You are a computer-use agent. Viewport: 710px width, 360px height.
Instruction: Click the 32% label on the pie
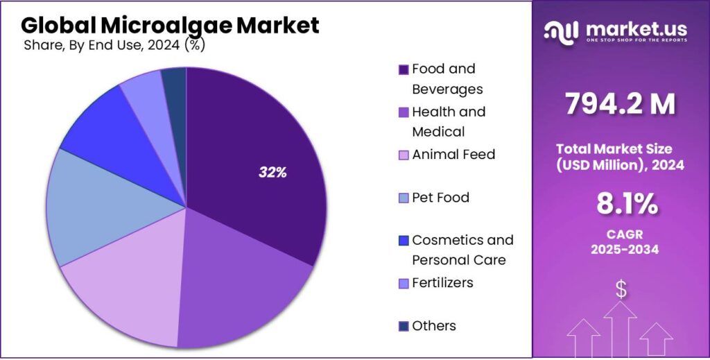tap(272, 173)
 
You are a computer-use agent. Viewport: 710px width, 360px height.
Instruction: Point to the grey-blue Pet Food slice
tap(97, 208)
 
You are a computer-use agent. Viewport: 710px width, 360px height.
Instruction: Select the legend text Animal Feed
tap(453, 154)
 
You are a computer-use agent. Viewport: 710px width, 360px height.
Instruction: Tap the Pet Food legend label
tap(440, 198)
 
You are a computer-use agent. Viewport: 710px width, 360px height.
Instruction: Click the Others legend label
tap(434, 326)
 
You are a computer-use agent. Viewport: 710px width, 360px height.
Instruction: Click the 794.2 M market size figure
tap(620, 105)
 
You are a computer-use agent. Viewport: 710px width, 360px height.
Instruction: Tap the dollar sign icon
tap(621, 289)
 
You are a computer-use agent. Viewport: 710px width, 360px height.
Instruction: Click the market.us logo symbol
tap(560, 31)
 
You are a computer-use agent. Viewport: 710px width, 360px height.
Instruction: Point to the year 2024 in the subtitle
tap(164, 46)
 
